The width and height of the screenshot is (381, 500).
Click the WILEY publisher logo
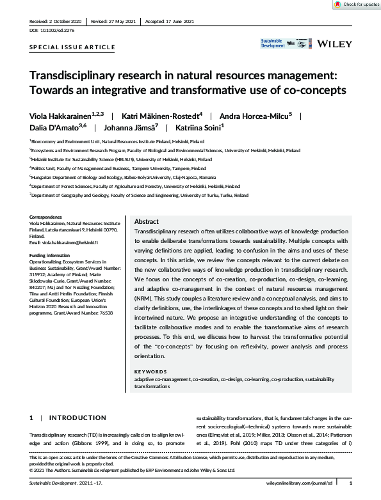[x=334, y=43]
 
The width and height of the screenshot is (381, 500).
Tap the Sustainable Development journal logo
[x=273, y=43]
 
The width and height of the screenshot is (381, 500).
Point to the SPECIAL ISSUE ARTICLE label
[x=72, y=47]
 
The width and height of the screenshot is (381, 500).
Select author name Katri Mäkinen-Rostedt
[x=154, y=116]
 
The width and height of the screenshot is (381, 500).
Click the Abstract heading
[x=147, y=221]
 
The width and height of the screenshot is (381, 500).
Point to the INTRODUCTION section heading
[x=78, y=418]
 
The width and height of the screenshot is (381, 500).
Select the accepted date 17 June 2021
[x=176, y=21]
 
